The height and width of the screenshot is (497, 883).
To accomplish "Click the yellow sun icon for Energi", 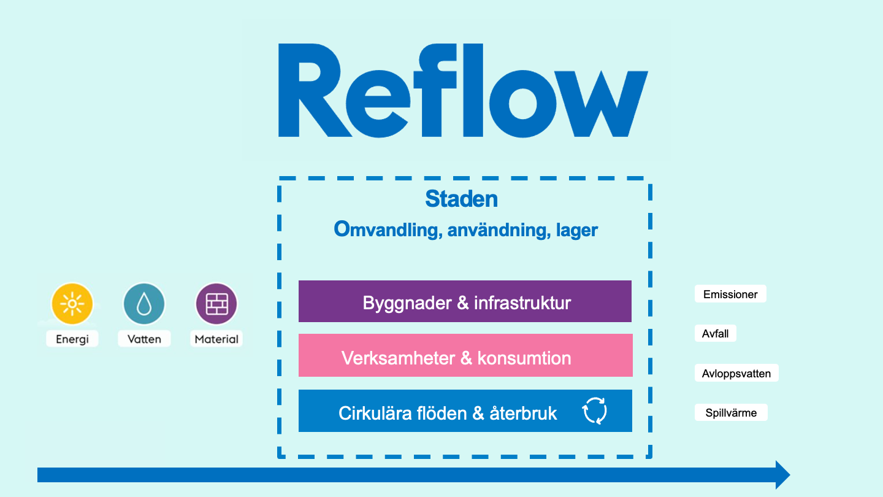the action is click(72, 304).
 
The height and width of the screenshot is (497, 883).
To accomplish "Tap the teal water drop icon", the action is click(144, 304).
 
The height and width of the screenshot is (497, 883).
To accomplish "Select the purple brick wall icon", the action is click(216, 304).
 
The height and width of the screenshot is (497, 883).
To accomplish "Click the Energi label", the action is click(72, 339).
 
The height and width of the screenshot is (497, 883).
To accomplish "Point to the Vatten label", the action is click(144, 339).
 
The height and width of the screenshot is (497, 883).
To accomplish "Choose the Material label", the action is click(216, 339).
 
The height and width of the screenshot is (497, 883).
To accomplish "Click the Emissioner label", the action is click(730, 294).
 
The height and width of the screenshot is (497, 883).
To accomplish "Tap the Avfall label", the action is click(716, 333).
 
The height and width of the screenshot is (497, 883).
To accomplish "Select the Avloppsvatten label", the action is click(736, 373).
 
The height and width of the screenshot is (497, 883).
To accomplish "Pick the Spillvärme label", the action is click(731, 412).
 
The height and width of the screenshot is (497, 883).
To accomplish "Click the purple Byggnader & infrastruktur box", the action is click(465, 301).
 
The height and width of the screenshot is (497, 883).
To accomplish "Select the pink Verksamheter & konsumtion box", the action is click(465, 355).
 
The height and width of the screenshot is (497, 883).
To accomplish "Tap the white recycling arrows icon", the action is click(594, 410).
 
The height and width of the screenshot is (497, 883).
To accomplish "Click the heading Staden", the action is click(462, 199).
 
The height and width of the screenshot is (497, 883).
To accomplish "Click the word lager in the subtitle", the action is click(577, 230).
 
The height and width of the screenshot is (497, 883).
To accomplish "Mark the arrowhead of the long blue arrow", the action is click(783, 475).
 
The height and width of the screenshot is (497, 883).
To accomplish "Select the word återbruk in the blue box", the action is click(523, 414).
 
